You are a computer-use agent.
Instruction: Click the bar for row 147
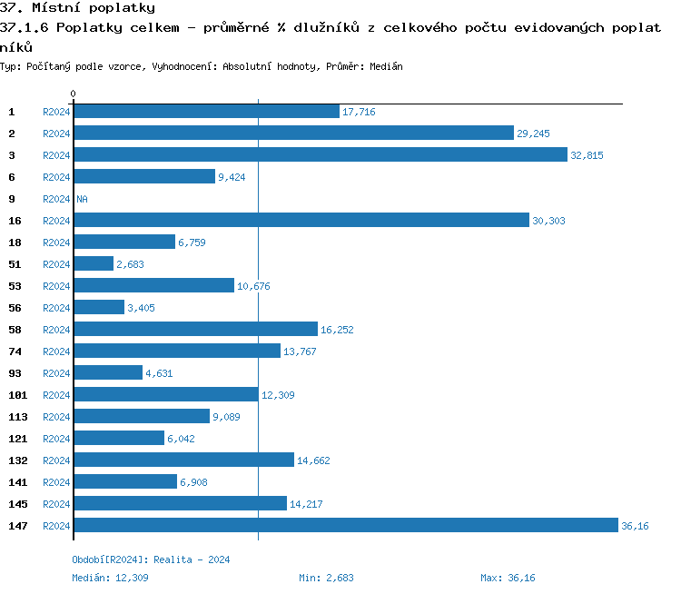[345, 526]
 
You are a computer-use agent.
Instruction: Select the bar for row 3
[320, 155]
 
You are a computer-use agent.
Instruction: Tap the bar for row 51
[94, 264]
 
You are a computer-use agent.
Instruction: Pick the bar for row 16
[301, 221]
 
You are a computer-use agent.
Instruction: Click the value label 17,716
[359, 112]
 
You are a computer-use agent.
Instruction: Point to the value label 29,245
[533, 134]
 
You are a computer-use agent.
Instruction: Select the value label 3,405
[143, 308]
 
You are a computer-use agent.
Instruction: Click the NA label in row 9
[82, 199]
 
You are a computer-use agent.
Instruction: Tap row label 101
[18, 395]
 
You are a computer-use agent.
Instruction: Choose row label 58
[15, 330]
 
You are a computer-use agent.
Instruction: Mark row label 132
[18, 460]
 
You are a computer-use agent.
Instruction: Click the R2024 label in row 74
[56, 351]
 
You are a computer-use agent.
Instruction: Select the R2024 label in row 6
[56, 177]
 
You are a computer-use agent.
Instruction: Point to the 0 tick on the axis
[73, 94]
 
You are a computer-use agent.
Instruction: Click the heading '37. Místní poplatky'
[77, 8]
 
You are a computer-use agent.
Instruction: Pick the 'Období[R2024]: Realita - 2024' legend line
[151, 559]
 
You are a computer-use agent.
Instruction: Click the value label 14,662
[313, 460]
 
